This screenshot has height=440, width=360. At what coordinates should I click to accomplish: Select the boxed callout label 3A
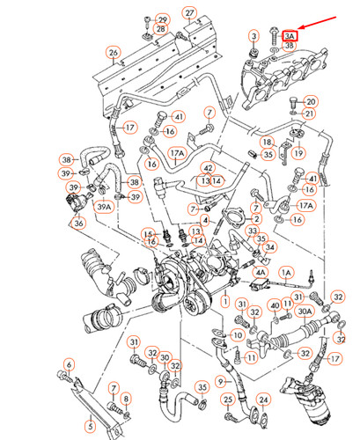pos(290,35)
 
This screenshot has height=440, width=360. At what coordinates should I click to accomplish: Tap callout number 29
pos(161,18)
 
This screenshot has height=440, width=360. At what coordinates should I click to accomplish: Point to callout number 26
pos(113,53)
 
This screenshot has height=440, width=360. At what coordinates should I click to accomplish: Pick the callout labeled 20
pos(311,102)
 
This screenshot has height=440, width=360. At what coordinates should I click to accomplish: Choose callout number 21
pos(311,114)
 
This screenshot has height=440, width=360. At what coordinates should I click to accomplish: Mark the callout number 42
pos(208,168)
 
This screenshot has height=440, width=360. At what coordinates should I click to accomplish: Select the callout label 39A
pos(104,206)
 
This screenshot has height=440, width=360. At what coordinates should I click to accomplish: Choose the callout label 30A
pos(305,310)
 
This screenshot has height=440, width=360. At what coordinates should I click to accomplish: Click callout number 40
pos(274,305)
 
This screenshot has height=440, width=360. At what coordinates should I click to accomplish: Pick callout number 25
pos(228,400)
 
